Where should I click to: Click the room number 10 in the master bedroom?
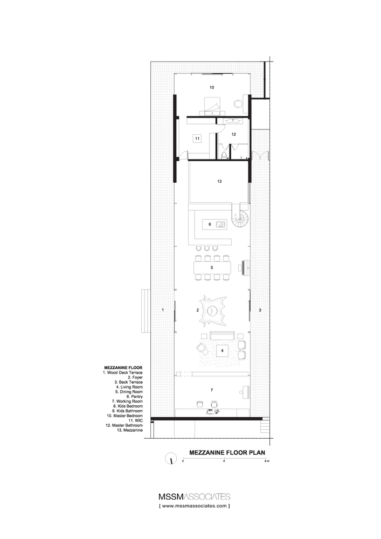pyautogui.click(x=212, y=86)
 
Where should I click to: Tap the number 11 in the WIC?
pyautogui.click(x=198, y=139)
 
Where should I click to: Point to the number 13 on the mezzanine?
pyautogui.click(x=219, y=182)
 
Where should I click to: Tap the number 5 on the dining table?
pyautogui.click(x=212, y=267)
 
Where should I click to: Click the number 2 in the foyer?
pyautogui.click(x=198, y=310)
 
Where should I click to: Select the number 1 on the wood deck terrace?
pyautogui.click(x=162, y=310)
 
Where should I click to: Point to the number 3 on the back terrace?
pyautogui.click(x=260, y=310)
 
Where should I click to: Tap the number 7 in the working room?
pyautogui.click(x=212, y=389)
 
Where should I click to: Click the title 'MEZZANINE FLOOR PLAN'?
pyautogui.click(x=226, y=453)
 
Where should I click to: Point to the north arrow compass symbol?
pyautogui.click(x=171, y=460)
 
